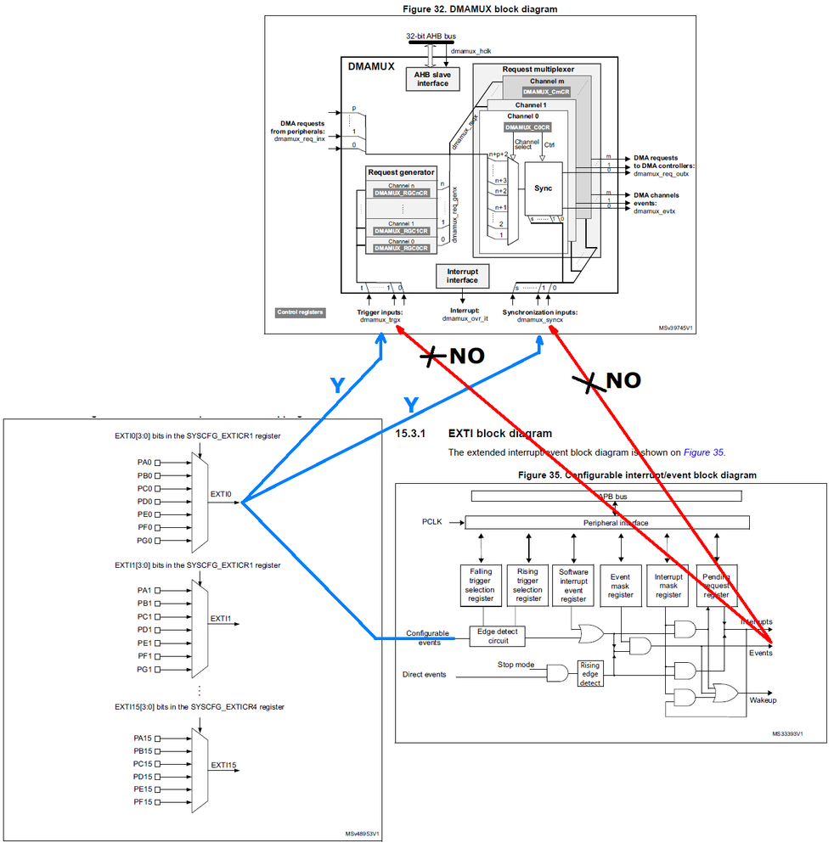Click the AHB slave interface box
(432, 79)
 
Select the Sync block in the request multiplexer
(543, 188)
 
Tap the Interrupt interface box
(462, 275)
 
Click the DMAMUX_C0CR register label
(528, 127)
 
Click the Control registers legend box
(300, 312)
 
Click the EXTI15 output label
(223, 765)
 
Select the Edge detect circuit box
(499, 636)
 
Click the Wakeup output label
(762, 700)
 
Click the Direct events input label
(429, 675)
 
